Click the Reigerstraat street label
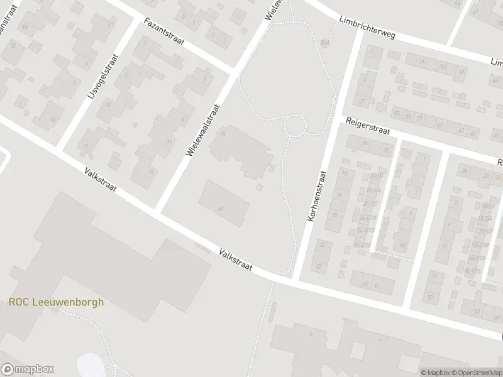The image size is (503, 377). tap(368, 125)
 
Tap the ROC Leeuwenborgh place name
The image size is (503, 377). tap(57, 302)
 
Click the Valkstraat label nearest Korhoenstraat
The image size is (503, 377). tap(236, 260)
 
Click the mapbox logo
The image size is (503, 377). tap(28, 369)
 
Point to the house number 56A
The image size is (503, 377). tap(325, 43)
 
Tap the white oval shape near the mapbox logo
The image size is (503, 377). tap(87, 363)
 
